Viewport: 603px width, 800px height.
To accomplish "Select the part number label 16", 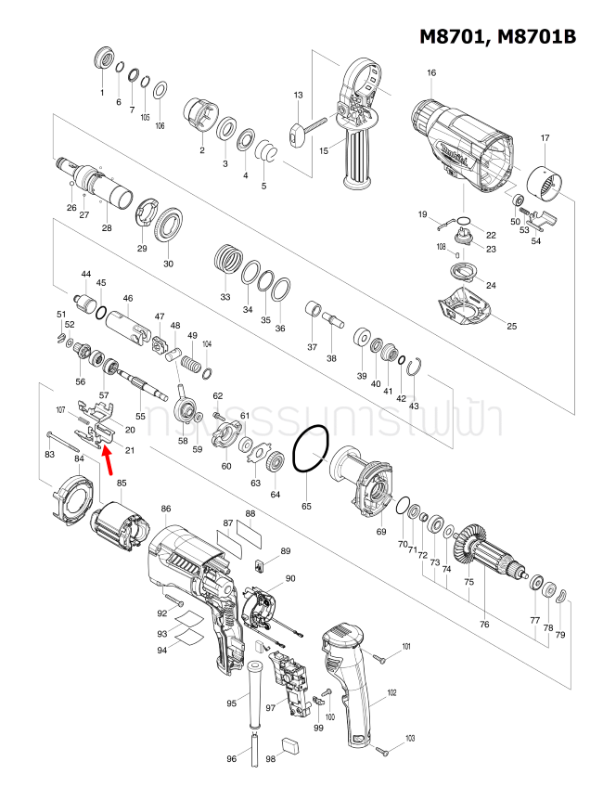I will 431,73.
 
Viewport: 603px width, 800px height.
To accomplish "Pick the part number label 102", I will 391,693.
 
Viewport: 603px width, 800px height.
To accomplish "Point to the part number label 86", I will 166,509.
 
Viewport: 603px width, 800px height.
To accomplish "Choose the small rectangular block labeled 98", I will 289,743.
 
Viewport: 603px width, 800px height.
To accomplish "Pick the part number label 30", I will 168,264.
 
